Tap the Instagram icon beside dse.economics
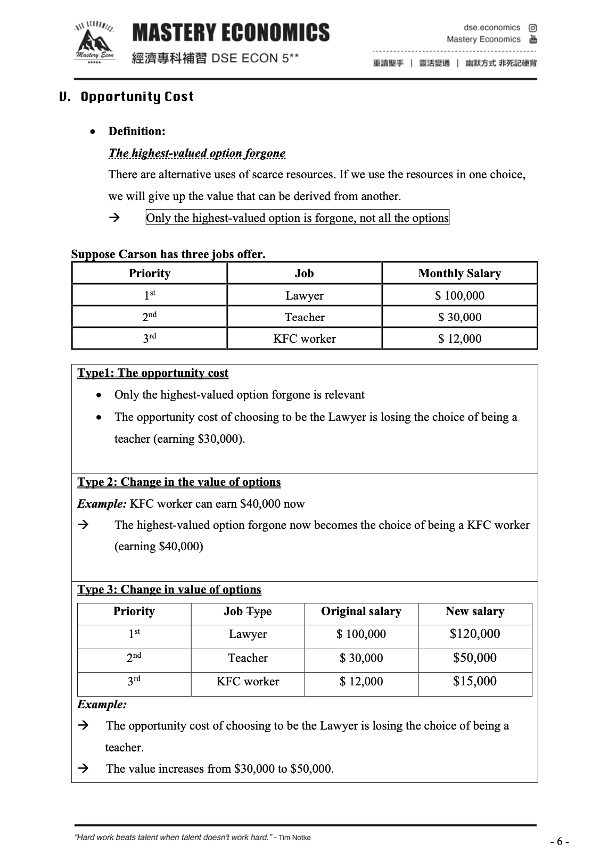(532, 28)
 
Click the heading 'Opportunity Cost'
(137, 97)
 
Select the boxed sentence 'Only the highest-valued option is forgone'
(297, 218)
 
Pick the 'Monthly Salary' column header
(459, 274)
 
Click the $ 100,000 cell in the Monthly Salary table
(459, 295)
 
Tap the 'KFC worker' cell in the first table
(304, 338)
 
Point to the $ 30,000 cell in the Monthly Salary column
(459, 317)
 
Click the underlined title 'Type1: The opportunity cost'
(153, 372)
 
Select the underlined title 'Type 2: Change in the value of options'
(179, 482)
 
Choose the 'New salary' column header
(474, 611)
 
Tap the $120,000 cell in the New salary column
(474, 634)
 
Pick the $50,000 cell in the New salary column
(474, 658)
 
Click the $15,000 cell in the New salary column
(474, 681)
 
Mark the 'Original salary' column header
(361, 611)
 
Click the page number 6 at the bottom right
(560, 841)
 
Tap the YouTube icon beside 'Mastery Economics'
(532, 39)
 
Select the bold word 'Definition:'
(137, 131)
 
